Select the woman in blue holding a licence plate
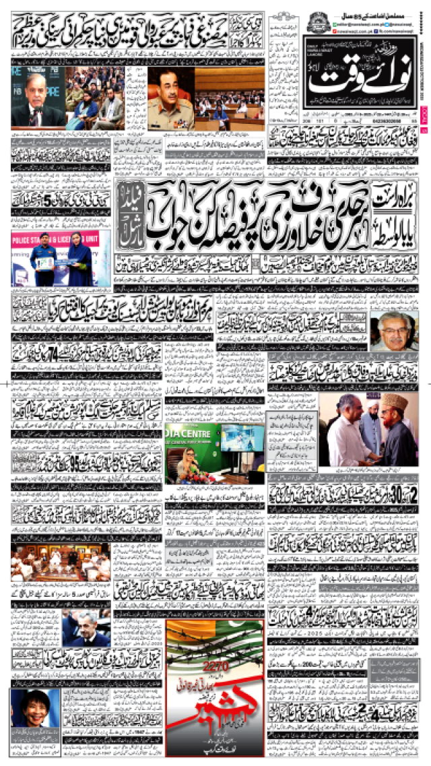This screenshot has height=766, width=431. pyautogui.click(x=79, y=259)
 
